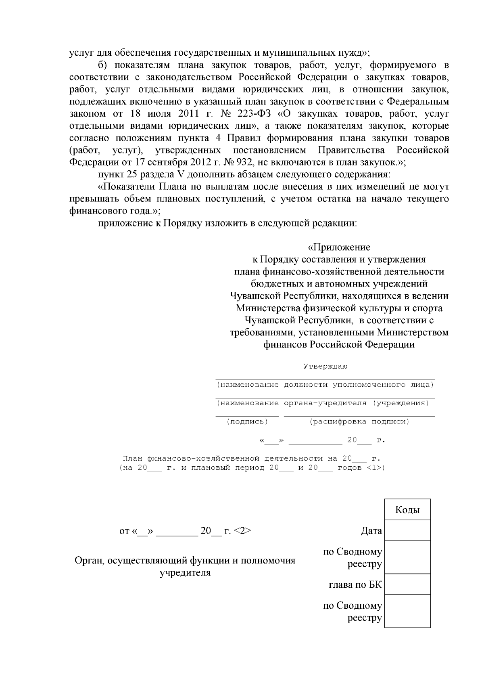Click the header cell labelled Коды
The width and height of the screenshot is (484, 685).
coord(407,510)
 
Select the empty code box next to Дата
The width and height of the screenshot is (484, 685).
coord(407,530)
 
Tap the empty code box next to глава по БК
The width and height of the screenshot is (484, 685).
coord(407,584)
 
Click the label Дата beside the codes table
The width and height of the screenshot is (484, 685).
coord(371,531)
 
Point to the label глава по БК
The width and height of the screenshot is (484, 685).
coord(355,584)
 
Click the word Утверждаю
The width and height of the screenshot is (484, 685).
coord(325,367)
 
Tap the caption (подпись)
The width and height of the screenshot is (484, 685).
coord(247,421)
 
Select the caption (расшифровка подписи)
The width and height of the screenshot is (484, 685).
coord(359,421)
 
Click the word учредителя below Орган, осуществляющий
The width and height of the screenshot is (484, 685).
coord(185,572)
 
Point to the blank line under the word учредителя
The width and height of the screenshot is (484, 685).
coord(185,590)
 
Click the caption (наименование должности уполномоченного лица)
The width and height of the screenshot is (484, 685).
coord(325,385)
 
